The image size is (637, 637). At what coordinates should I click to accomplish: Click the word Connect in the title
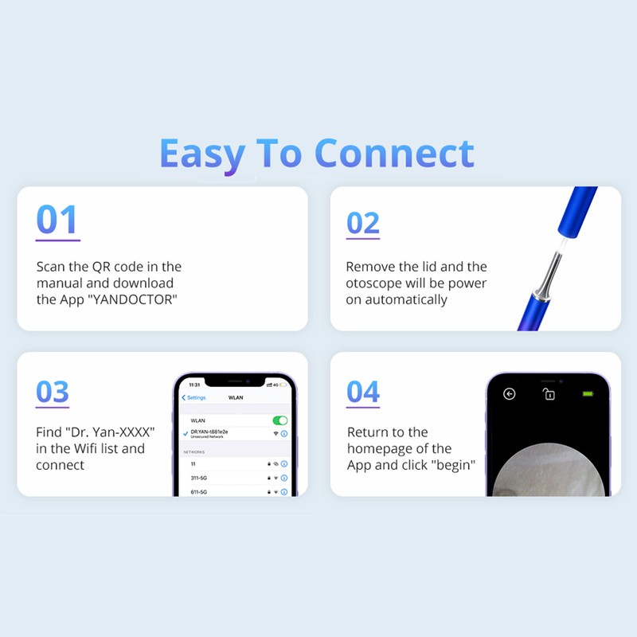394,153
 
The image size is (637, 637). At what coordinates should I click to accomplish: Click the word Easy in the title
202,153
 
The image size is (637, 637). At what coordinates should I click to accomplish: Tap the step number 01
57,221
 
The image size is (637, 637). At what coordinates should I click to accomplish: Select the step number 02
363,223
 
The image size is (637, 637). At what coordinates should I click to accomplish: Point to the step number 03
53,393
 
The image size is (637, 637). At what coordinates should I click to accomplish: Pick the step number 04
363,392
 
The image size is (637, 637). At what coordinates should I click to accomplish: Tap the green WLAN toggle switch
279,420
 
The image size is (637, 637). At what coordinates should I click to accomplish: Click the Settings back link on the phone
194,397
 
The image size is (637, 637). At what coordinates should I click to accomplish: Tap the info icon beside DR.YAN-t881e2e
284,434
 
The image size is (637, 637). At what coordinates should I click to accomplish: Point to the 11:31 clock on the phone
194,385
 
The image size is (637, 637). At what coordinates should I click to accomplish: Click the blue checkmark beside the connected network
185,433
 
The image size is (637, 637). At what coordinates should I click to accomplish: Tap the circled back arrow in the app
510,394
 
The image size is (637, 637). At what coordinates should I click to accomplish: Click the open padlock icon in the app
549,394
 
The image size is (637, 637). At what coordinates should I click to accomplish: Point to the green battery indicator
588,393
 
